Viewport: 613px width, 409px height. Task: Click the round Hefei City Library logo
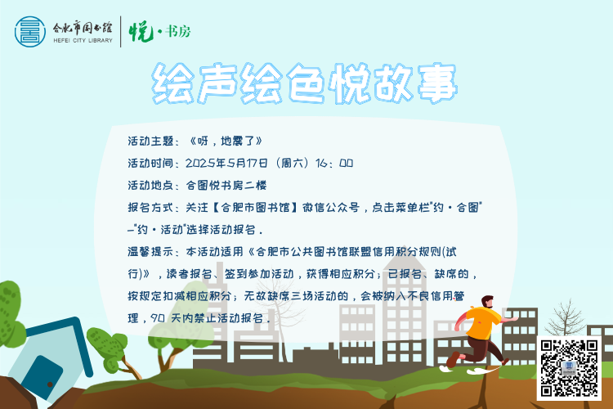[30, 32]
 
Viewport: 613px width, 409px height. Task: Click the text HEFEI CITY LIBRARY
[83, 40]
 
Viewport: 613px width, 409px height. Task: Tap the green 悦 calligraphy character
[141, 32]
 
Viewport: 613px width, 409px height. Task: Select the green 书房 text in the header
[178, 31]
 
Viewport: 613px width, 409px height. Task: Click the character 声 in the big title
[217, 83]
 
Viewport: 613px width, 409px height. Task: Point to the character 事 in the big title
[437, 83]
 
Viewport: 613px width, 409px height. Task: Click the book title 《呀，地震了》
[226, 141]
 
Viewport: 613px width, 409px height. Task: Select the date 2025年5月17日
[226, 163]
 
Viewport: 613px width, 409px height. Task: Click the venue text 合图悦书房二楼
[226, 185]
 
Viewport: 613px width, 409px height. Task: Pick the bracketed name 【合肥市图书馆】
[255, 208]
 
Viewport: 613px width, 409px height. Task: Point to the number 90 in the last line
[158, 318]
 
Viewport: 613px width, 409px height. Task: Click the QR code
[569, 368]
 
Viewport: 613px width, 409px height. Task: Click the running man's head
[488, 302]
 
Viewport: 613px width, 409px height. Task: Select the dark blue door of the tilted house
[43, 378]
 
